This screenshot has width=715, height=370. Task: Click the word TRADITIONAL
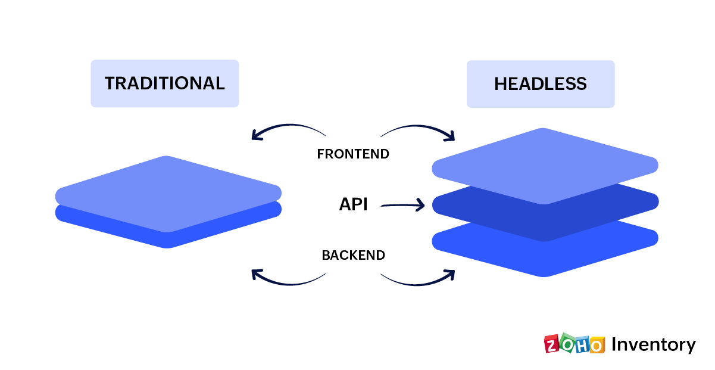[165, 83]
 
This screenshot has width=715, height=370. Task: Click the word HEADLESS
[541, 84]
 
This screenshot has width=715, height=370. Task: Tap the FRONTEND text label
[353, 154]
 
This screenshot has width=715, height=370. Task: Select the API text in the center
[353, 205]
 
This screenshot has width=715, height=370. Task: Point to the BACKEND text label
[353, 256]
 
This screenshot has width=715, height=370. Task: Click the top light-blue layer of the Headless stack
[544, 164]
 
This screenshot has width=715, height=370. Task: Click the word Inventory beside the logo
[653, 345]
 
